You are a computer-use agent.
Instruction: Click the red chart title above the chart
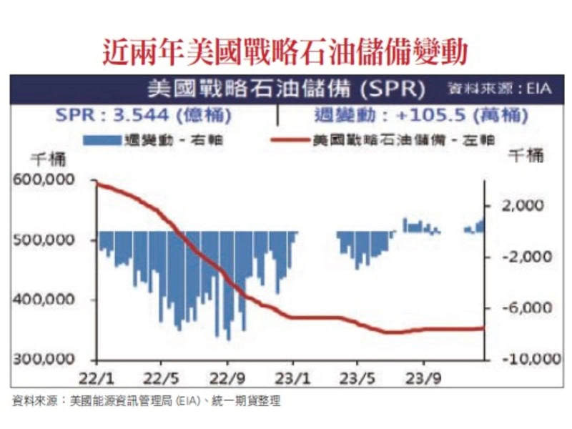pos(285,51)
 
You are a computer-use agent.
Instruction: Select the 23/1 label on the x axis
pos(292,375)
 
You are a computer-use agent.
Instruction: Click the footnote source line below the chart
pos(147,400)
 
